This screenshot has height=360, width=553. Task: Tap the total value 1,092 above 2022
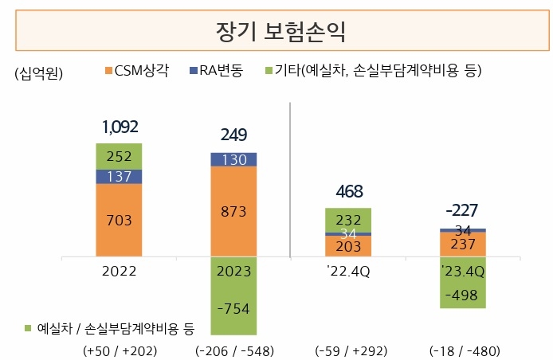(120, 127)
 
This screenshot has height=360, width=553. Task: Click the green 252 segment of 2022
(119, 156)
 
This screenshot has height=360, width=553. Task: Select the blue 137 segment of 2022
(119, 176)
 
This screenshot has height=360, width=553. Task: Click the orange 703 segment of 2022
(119, 221)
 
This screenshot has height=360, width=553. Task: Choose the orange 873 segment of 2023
(233, 212)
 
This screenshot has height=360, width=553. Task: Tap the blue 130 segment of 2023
(233, 159)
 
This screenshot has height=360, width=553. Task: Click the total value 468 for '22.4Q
(348, 191)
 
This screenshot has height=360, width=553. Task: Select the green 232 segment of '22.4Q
(348, 219)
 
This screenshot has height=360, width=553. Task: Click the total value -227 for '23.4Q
(463, 211)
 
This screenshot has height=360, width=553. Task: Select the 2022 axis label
(119, 271)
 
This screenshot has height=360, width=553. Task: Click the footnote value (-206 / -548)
(233, 350)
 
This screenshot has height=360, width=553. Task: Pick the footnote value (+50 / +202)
(119, 350)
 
